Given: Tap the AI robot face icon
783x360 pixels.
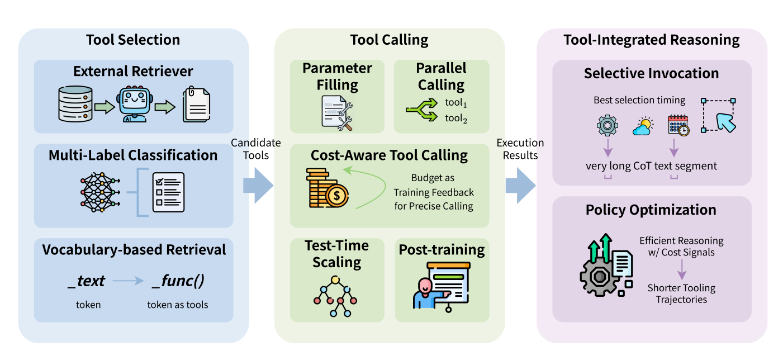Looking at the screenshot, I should click(135, 104).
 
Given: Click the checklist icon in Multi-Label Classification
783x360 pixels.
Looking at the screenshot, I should click(168, 192).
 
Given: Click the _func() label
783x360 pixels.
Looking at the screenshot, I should click(178, 281).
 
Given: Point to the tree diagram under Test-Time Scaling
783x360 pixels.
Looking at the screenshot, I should click(336, 296).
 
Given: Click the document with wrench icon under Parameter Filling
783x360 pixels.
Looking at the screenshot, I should click(337, 112).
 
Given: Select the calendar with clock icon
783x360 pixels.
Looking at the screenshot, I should click(678, 126).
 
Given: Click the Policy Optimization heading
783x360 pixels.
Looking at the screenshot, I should click(651, 210).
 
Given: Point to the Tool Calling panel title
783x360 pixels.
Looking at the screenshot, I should click(389, 40).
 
